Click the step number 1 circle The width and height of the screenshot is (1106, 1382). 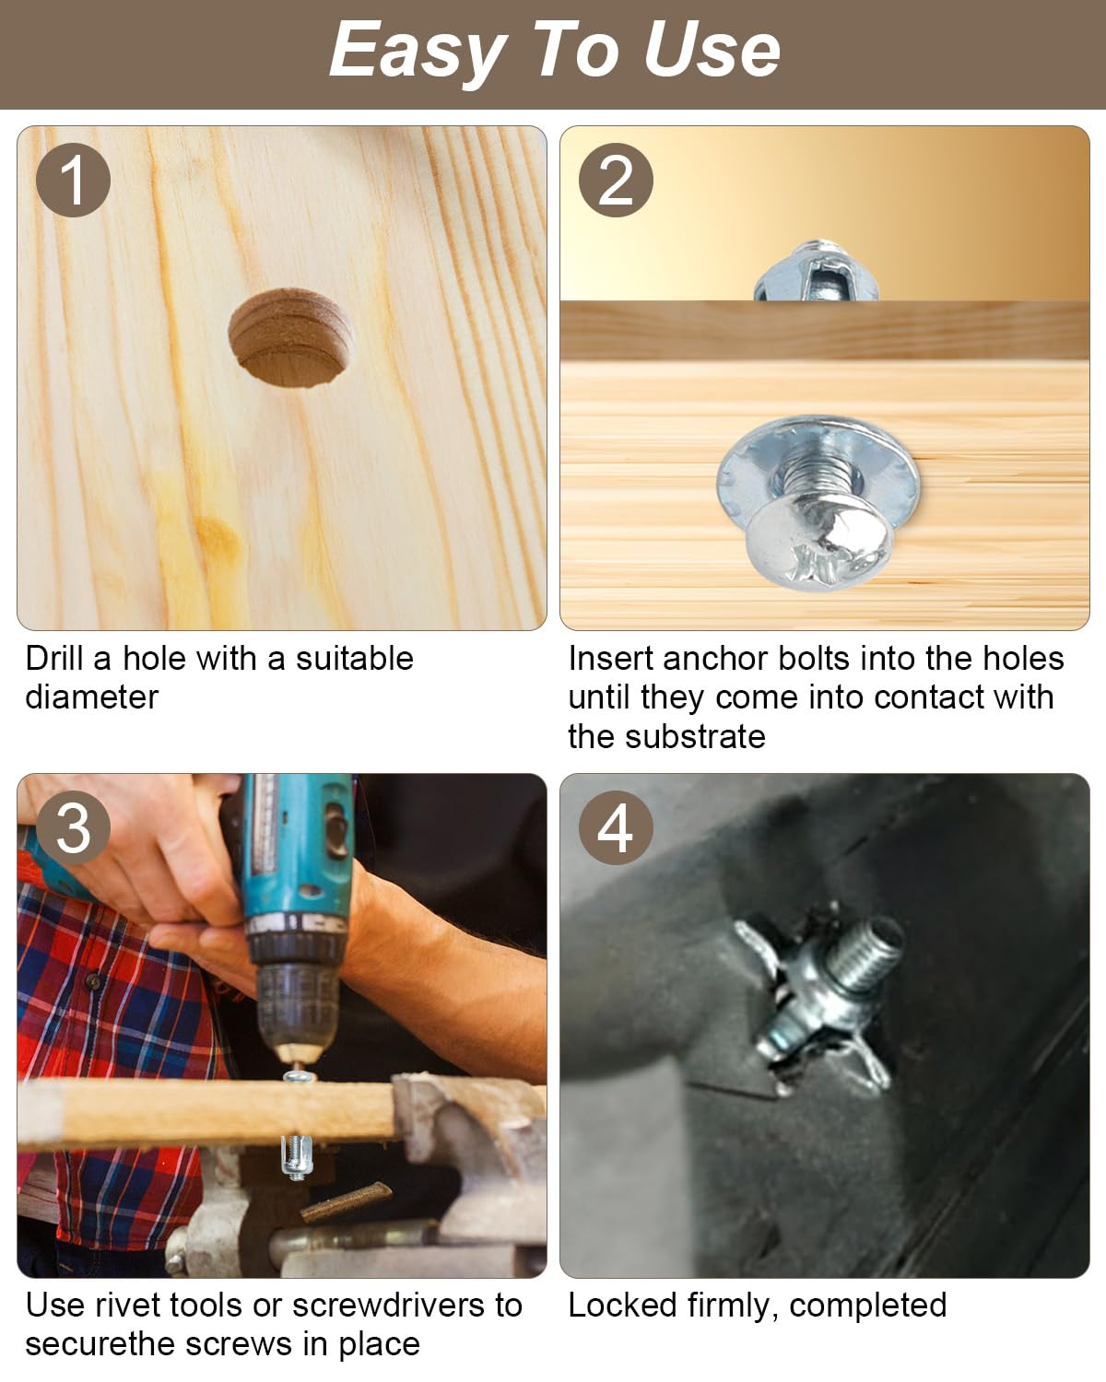tap(73, 180)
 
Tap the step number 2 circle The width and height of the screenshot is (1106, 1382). tap(616, 180)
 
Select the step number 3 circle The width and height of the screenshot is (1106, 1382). tap(73, 827)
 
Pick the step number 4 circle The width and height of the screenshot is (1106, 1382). tap(616, 827)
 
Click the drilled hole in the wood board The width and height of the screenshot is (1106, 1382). tap(290, 338)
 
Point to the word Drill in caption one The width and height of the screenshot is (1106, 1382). tap(53, 658)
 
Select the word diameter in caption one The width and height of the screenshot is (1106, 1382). tap(92, 697)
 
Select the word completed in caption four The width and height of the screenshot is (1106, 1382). tap(868, 1306)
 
